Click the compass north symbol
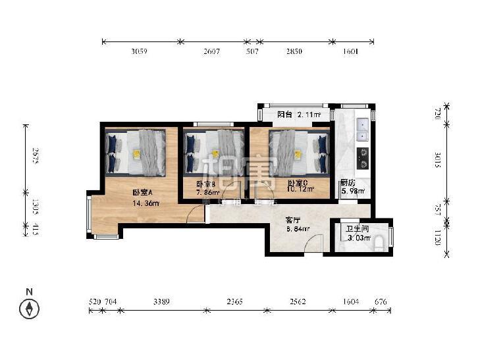click(29, 307)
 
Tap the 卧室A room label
click(142, 192)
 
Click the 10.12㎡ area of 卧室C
click(300, 190)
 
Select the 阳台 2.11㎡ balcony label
click(298, 115)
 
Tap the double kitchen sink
click(361, 130)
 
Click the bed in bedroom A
click(141, 152)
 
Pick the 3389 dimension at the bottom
click(161, 301)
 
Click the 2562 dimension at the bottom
click(297, 301)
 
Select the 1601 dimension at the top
click(350, 52)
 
